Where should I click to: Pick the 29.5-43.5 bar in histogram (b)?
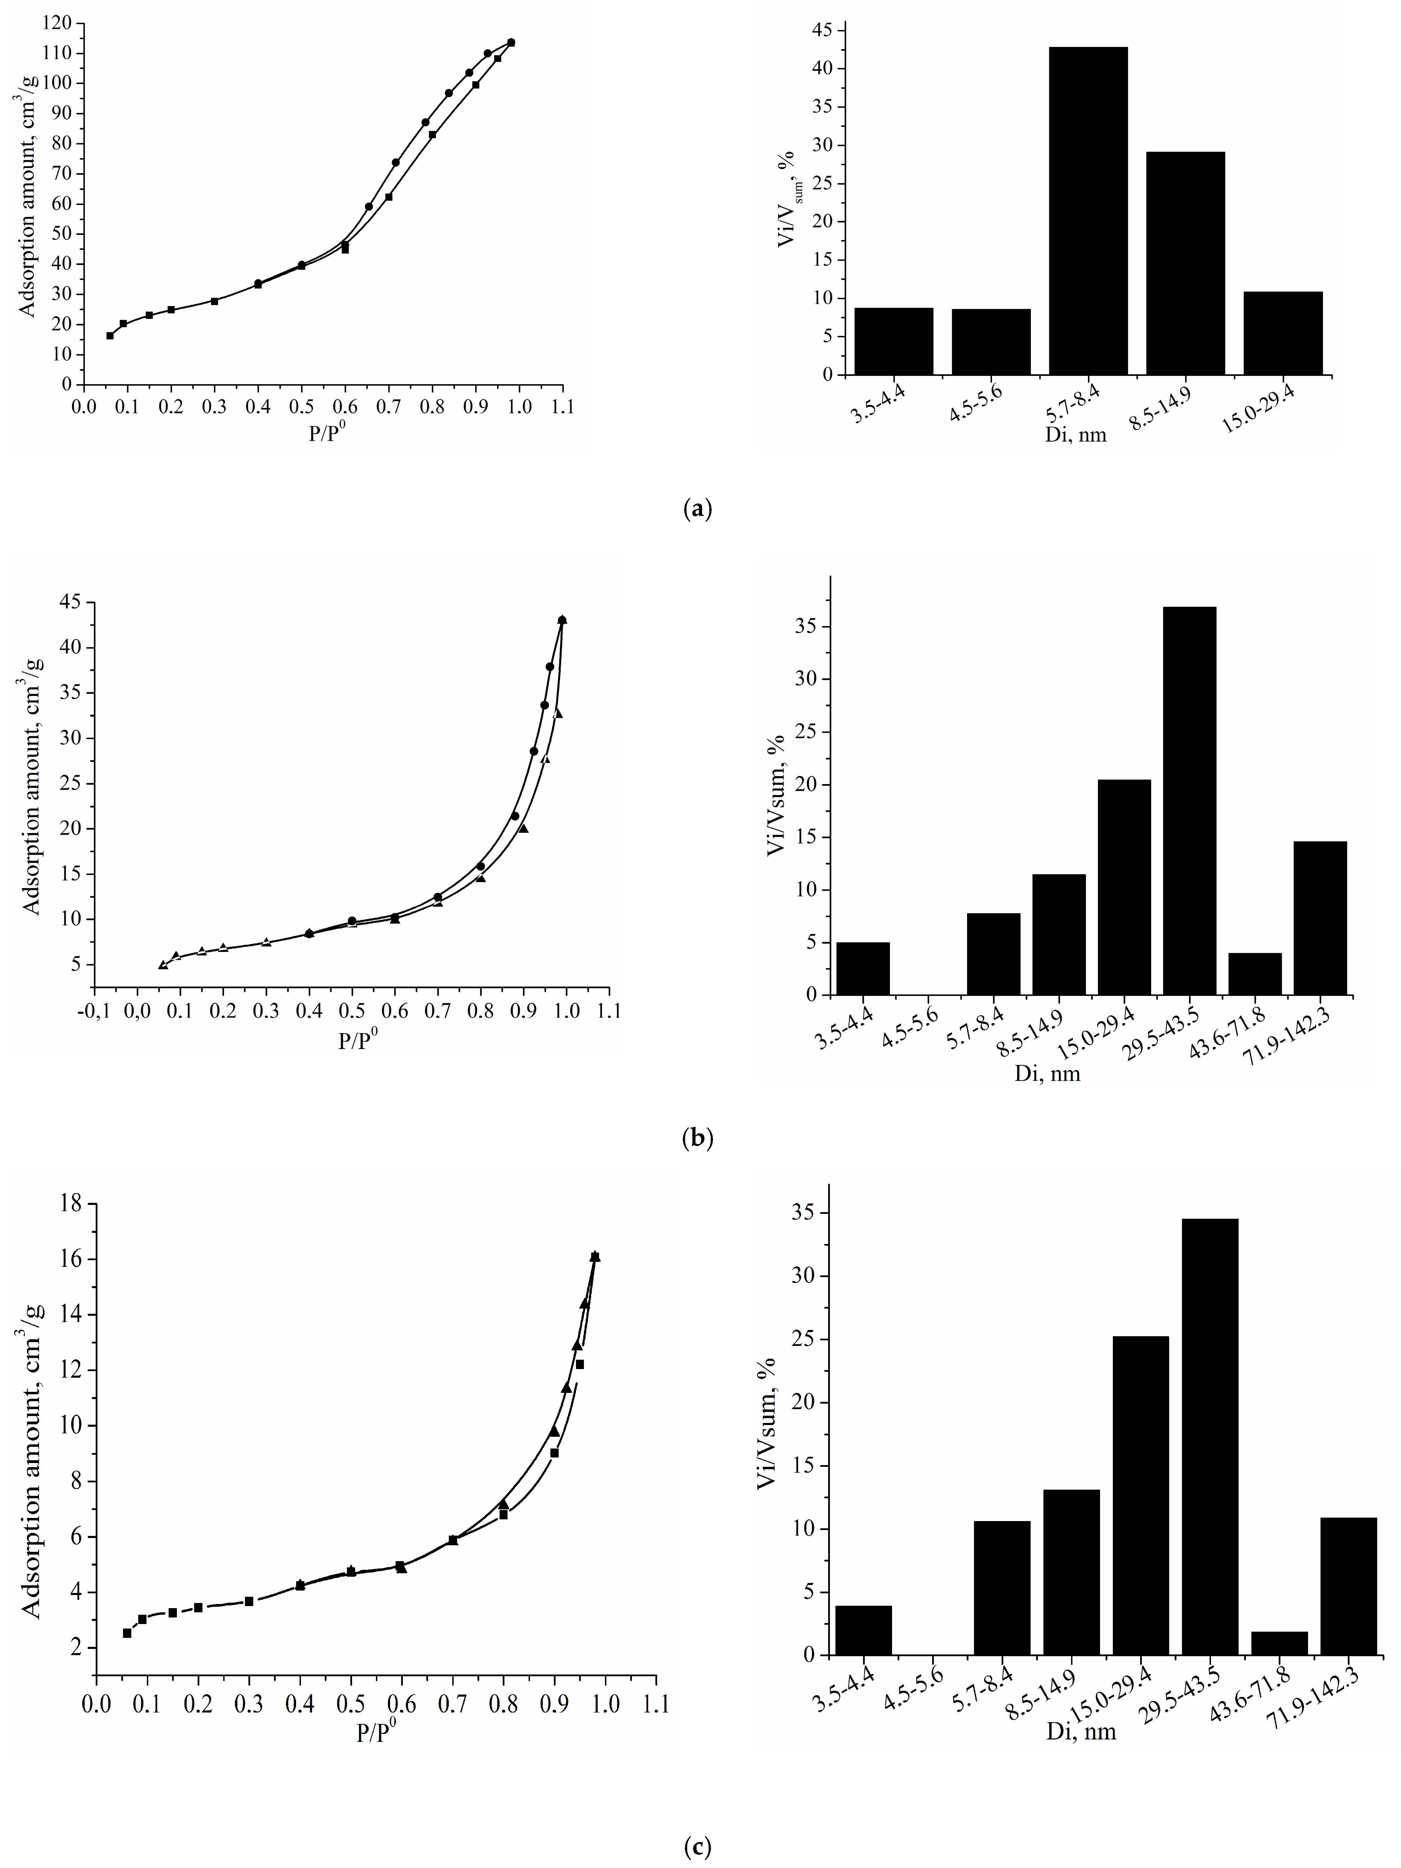(1189, 801)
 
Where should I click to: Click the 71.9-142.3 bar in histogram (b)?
(1320, 918)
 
